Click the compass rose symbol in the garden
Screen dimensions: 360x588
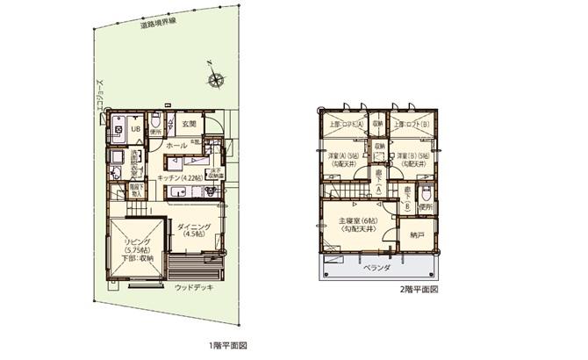216,80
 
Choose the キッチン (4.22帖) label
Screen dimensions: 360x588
183,178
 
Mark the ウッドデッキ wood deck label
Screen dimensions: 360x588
193,287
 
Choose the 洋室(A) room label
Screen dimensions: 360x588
340,158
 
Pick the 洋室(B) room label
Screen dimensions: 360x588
411,158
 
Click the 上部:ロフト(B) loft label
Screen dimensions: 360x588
410,125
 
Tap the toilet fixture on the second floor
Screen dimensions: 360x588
425,194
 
